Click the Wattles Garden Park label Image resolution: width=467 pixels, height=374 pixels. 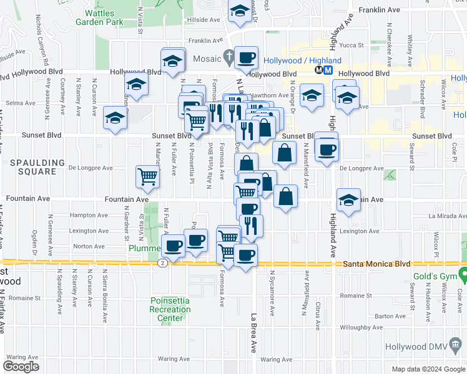click(x=99, y=16)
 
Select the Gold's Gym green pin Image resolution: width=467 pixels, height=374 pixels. click(x=463, y=274)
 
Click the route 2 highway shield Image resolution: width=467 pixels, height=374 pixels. click(x=162, y=264)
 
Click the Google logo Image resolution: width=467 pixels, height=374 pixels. click(x=21, y=366)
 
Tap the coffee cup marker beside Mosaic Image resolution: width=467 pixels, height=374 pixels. click(x=247, y=57)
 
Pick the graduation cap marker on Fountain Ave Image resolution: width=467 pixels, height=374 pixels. click(x=349, y=200)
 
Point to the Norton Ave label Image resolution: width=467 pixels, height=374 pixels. click(x=88, y=246)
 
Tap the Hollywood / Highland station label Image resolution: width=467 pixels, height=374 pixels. click(x=302, y=60)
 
